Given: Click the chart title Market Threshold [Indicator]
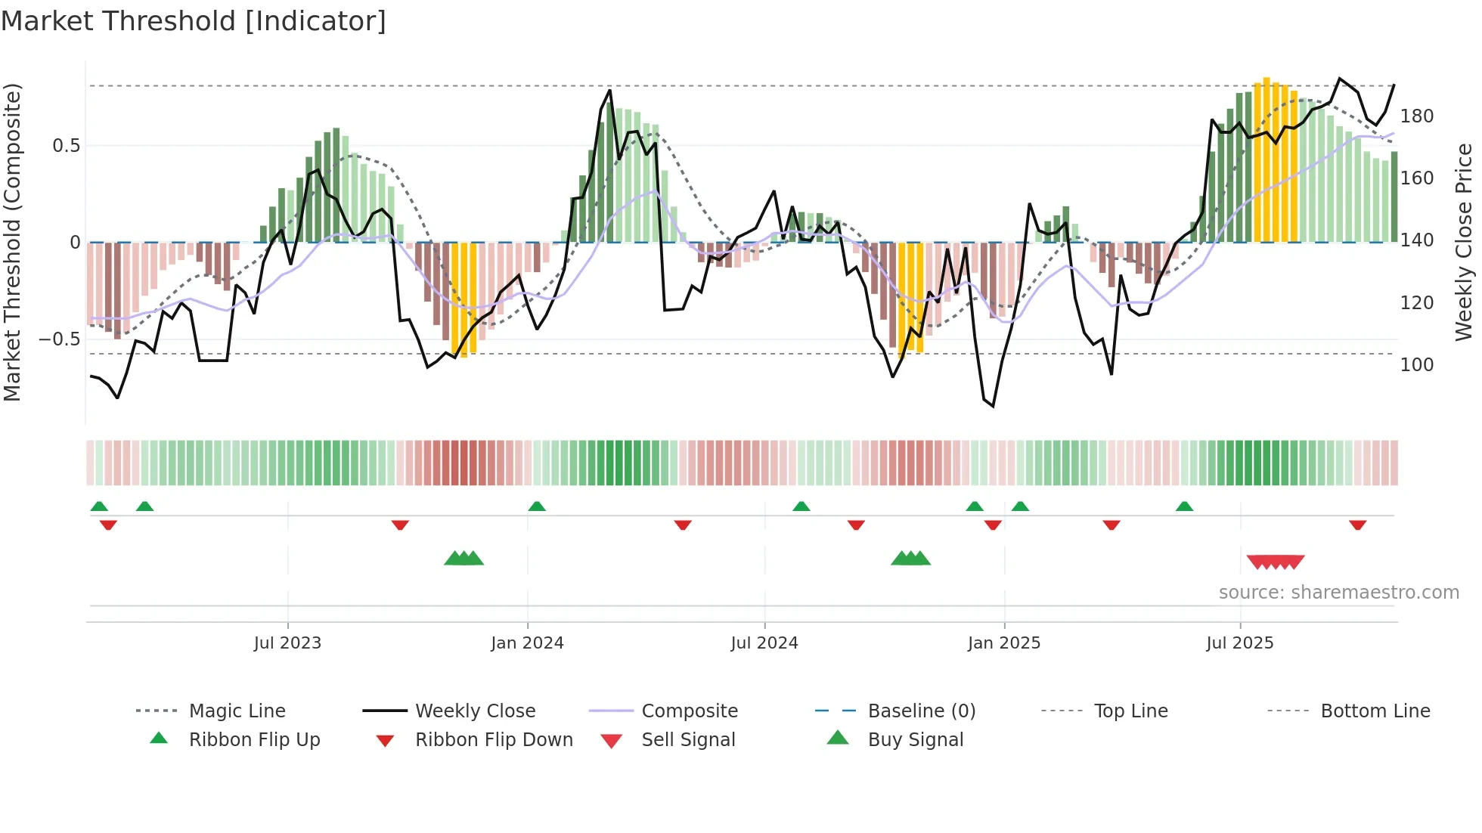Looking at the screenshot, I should tap(194, 21).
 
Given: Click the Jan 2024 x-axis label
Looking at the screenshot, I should tap(527, 643).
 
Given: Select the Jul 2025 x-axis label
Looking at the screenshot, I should tap(1239, 643).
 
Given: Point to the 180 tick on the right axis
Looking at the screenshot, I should tap(1416, 116).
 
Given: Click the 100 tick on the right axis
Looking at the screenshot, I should tap(1416, 365).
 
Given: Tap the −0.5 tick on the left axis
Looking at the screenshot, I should tap(60, 339).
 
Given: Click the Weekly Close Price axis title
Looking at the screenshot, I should tap(1465, 242).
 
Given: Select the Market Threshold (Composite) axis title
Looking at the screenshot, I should tap(13, 242).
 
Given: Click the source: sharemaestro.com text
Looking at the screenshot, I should tap(1338, 593).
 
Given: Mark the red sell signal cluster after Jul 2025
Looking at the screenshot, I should tap(1276, 562).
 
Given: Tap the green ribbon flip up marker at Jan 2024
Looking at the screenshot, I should tap(537, 506).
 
